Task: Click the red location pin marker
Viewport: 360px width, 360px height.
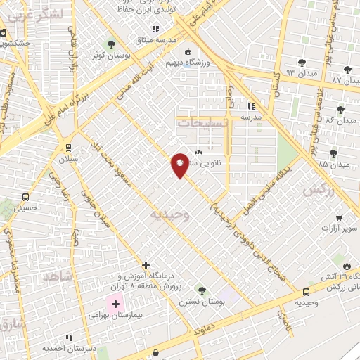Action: click(180, 165)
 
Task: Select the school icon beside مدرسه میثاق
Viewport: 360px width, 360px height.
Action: click(155, 29)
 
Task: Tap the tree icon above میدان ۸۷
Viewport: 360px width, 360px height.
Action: click(347, 69)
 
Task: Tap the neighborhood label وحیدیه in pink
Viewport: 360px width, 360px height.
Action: click(166, 213)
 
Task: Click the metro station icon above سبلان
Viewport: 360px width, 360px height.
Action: click(68, 147)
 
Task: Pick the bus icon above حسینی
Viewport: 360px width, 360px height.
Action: click(26, 197)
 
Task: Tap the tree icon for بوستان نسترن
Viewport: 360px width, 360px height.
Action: click(201, 290)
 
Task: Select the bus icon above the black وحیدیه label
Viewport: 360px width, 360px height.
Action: click(306, 292)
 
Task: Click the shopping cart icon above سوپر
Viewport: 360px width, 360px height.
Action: click(339, 218)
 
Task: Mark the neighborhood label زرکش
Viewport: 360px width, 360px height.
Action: click(316, 191)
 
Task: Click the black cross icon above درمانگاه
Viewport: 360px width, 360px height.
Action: click(146, 265)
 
